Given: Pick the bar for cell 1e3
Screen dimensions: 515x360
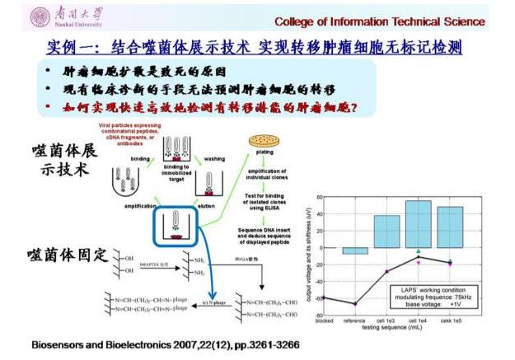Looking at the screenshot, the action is (x=386, y=231).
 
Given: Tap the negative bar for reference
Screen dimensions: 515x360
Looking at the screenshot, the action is (x=355, y=250).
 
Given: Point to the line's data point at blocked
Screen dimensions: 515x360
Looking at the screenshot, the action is (x=324, y=297).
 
